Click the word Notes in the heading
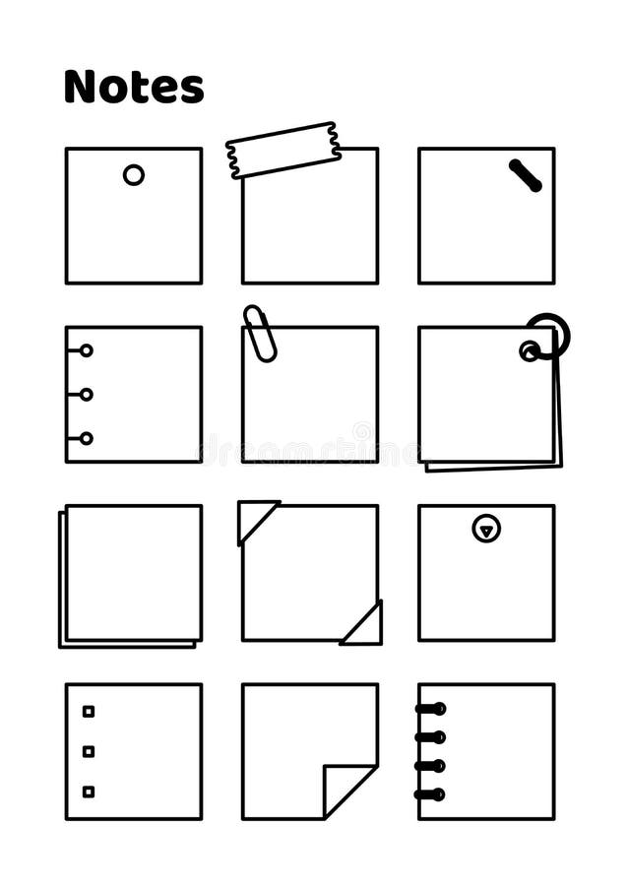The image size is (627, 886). coord(134,87)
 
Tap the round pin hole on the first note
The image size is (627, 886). coord(134,175)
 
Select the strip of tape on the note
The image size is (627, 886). coord(283,151)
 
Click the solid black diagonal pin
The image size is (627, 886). coord(526,175)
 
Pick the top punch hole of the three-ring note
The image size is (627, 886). coord(87,350)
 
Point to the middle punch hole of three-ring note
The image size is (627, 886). coord(87,394)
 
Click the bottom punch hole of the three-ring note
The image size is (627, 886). coord(87,438)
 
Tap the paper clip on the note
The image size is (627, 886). coord(261,333)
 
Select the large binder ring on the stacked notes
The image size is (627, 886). coord(548,335)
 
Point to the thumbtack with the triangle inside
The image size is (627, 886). coord(486,529)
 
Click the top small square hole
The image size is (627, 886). coord(89,711)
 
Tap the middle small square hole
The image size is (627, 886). coord(89,751)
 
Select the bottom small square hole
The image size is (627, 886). coord(89,791)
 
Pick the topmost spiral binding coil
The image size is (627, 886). coord(430,708)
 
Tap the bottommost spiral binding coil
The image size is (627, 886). coord(430,794)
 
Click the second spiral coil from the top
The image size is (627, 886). coord(430,736)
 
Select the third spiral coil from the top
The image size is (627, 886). coord(430,766)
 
